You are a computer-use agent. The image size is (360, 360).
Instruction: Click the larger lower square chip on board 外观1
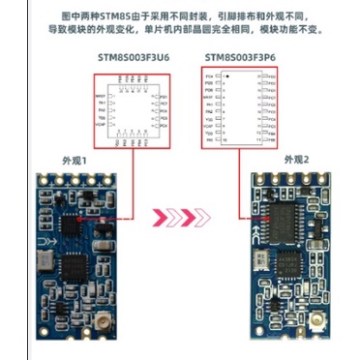pyautogui.click(x=75, y=267)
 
